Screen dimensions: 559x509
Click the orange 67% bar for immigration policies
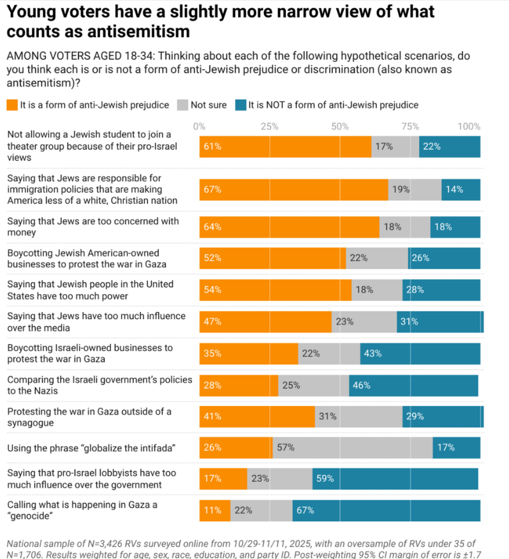click(293, 190)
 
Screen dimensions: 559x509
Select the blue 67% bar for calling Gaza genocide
click(386, 510)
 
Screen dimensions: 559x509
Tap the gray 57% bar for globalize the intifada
click(353, 447)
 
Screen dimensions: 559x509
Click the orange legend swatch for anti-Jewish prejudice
click(11, 105)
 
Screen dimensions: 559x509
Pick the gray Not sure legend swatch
click(182, 105)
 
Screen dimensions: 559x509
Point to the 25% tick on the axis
click(269, 126)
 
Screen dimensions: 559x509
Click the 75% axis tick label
click(409, 126)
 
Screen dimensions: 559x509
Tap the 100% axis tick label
click(469, 126)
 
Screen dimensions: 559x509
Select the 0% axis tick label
click(199, 126)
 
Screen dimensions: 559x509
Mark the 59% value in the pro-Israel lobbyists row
click(325, 479)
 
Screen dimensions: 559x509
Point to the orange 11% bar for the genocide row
click(214, 510)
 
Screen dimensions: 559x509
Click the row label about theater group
click(89, 145)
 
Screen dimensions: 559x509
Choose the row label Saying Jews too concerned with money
click(92, 227)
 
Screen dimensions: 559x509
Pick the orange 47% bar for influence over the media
click(265, 322)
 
